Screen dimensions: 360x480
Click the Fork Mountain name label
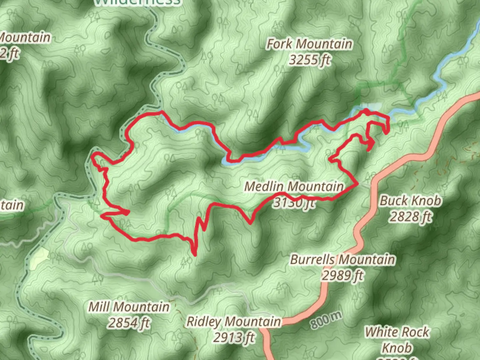[x=309, y=44]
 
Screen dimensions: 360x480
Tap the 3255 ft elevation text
[x=309, y=60]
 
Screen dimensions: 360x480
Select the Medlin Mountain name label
[x=294, y=186]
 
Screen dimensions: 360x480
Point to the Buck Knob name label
[x=411, y=201]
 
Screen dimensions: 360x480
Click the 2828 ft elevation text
[x=411, y=217]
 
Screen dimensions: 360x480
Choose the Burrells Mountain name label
[x=343, y=259]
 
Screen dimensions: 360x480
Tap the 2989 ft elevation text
[x=343, y=275]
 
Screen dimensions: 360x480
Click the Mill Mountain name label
[x=129, y=307]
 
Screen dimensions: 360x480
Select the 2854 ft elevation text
[x=129, y=323]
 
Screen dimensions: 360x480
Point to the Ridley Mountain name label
[x=233, y=322]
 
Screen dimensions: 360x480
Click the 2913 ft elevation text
[x=233, y=338]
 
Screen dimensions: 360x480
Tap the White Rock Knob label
[x=397, y=339]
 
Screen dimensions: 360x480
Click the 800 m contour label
[x=327, y=320]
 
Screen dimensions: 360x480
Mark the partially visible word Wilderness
[x=137, y=3]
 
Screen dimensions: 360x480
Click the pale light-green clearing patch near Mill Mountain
[x=39, y=258]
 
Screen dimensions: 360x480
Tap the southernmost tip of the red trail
[x=194, y=255]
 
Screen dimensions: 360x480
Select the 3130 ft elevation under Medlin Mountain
[x=293, y=203]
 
